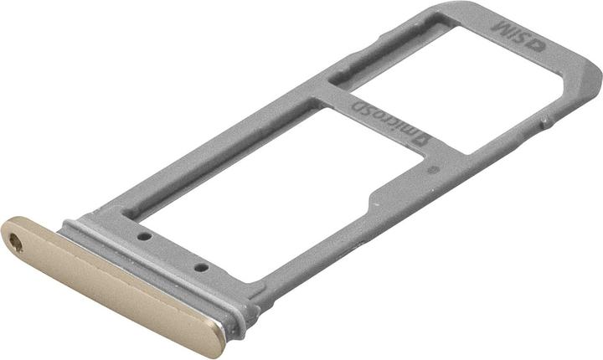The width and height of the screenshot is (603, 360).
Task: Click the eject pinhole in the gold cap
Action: pos(15,243)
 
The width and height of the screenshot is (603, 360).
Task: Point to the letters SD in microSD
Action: pos(363,109)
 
